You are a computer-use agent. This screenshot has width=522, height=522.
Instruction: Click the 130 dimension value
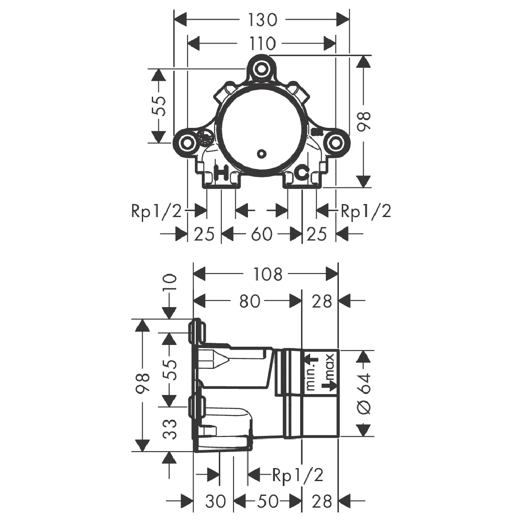tap(262, 20)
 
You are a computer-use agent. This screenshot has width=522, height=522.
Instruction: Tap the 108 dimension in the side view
tap(268, 274)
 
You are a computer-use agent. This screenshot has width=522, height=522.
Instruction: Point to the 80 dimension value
tap(250, 301)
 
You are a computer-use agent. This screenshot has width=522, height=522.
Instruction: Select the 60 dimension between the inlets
tap(262, 234)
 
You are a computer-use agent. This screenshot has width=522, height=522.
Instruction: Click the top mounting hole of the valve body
tap(262, 69)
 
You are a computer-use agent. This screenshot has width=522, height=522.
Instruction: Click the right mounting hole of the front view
tap(335, 143)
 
